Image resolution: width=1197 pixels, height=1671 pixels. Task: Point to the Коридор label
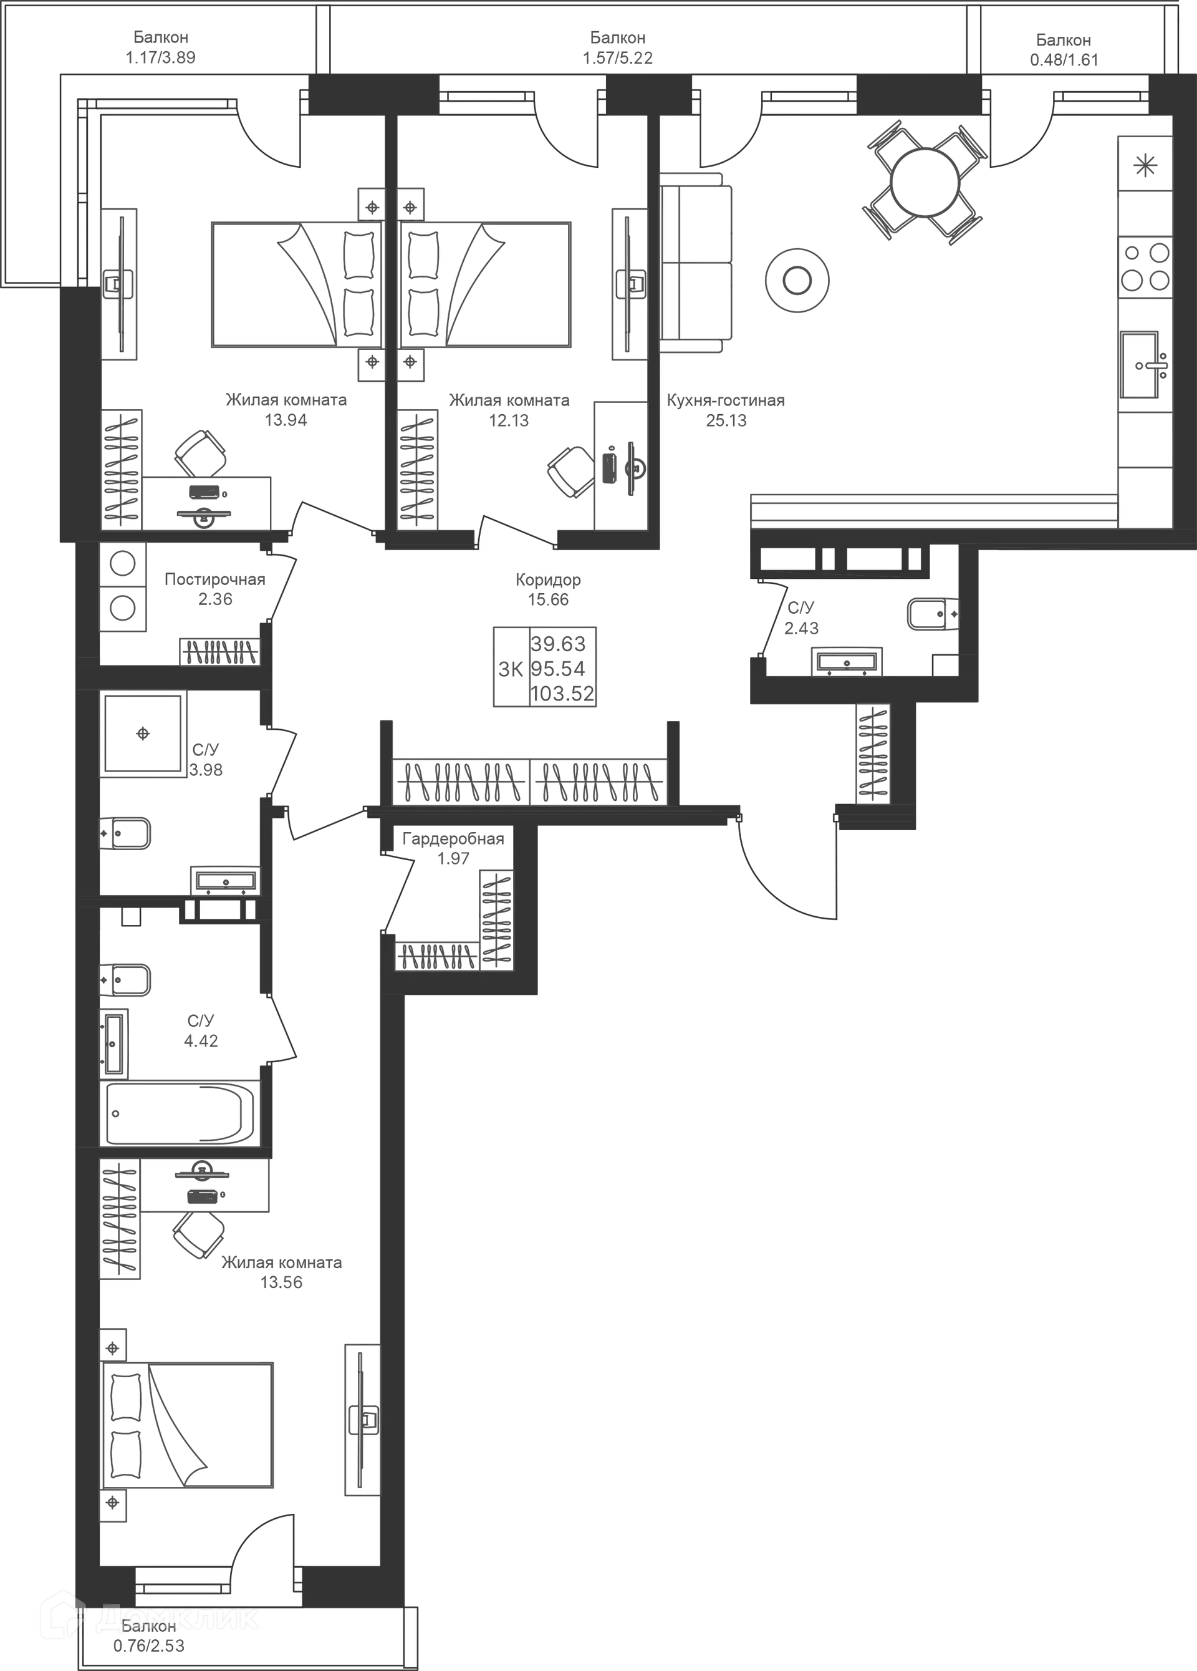click(549, 581)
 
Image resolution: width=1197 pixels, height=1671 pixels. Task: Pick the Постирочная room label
click(214, 580)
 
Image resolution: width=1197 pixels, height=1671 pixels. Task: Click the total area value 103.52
click(563, 694)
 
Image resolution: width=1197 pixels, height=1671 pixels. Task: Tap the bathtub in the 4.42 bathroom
click(180, 1113)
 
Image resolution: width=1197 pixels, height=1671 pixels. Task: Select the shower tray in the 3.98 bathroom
click(143, 734)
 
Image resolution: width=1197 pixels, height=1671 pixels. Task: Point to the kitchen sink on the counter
click(1145, 364)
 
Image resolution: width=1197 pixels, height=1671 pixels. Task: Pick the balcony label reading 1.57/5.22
click(618, 57)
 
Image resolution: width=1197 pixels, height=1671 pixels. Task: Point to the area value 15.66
click(549, 600)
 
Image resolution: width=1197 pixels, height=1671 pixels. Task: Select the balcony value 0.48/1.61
click(1063, 60)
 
